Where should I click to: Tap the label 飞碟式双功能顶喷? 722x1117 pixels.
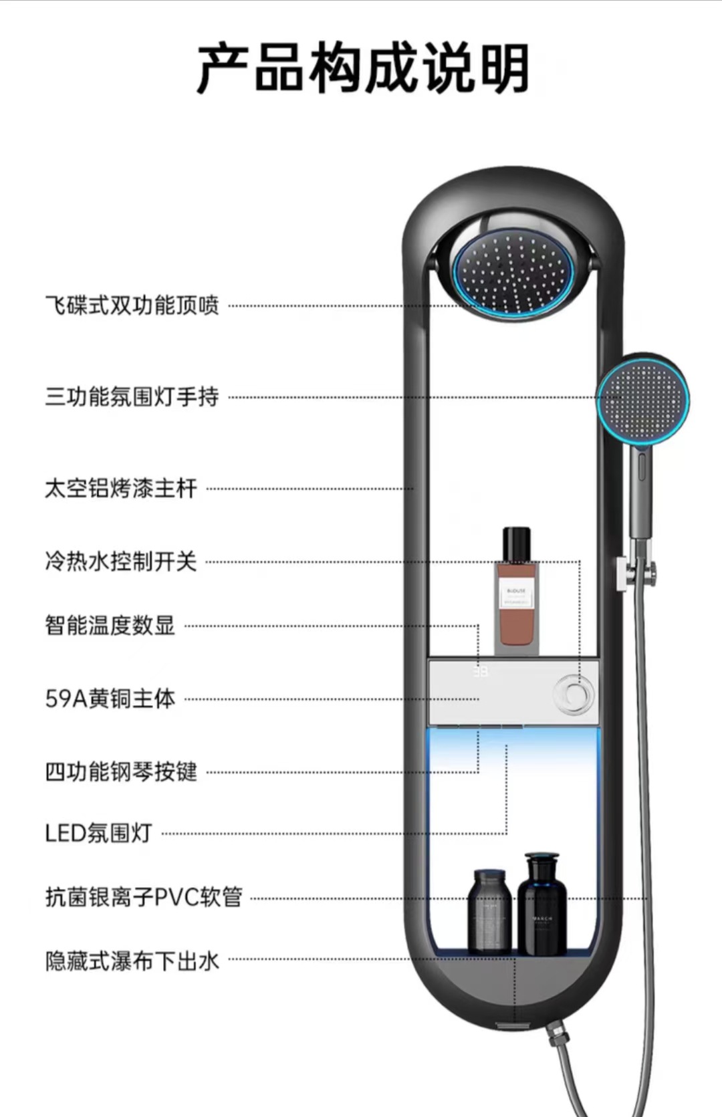point(132,305)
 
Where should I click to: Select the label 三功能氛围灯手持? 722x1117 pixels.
point(132,396)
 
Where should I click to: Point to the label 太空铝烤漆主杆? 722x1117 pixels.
point(121,488)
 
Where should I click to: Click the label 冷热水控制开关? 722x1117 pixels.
point(121,561)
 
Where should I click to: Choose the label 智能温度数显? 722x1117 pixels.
point(110,626)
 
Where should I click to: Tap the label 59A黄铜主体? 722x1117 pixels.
point(110,699)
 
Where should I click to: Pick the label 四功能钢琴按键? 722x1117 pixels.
point(121,771)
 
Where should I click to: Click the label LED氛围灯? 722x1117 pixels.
point(99,833)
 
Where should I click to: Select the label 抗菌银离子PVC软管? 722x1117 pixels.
point(143,897)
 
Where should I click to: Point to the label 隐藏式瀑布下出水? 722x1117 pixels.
point(132,961)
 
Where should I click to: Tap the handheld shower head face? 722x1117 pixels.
point(642,400)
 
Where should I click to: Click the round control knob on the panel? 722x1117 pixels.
point(575,695)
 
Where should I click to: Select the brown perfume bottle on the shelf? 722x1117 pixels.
point(517,608)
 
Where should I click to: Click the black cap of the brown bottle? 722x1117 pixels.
point(517,544)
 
